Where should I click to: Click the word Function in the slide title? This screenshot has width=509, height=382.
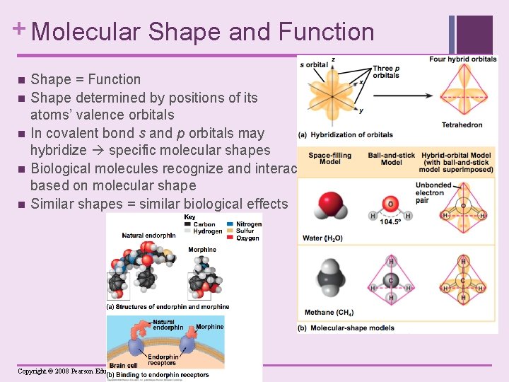click(326, 32)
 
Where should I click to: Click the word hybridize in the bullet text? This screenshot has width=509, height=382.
click(64, 150)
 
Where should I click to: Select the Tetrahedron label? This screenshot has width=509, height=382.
click(462, 125)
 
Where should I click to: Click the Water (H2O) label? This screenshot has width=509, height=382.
click(323, 238)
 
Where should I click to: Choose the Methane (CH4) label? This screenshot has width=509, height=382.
click(328, 312)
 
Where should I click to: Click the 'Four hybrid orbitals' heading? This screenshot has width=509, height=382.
click(462, 59)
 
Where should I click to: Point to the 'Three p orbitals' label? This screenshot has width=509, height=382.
click(386, 71)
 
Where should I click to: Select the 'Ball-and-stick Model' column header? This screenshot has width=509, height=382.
click(391, 158)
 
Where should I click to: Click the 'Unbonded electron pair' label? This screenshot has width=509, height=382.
click(431, 192)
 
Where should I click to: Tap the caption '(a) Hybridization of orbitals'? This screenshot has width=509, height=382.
click(346, 134)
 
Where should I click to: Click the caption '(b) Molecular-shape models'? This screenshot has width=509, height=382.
click(346, 328)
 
